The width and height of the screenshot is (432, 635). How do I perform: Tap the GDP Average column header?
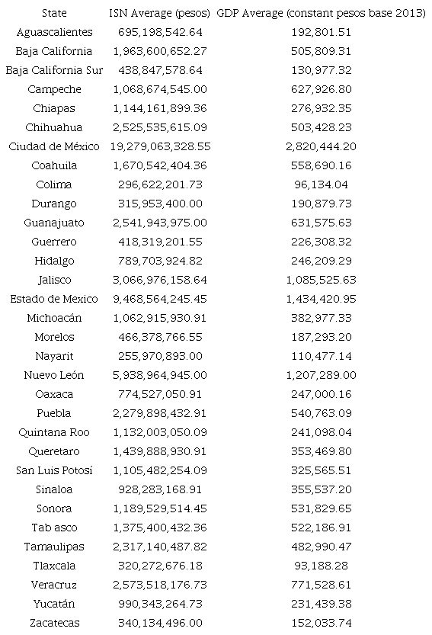coord(320,13)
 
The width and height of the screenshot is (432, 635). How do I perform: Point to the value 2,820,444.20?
coord(320,146)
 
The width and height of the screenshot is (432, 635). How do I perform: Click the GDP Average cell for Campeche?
coord(320,89)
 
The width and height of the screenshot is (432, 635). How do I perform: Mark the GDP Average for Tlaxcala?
coord(320,566)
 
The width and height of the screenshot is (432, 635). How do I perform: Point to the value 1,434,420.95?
coord(320,299)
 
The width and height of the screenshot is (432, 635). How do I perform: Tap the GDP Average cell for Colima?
coord(320,184)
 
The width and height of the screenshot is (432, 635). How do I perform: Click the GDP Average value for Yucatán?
coord(320,604)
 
